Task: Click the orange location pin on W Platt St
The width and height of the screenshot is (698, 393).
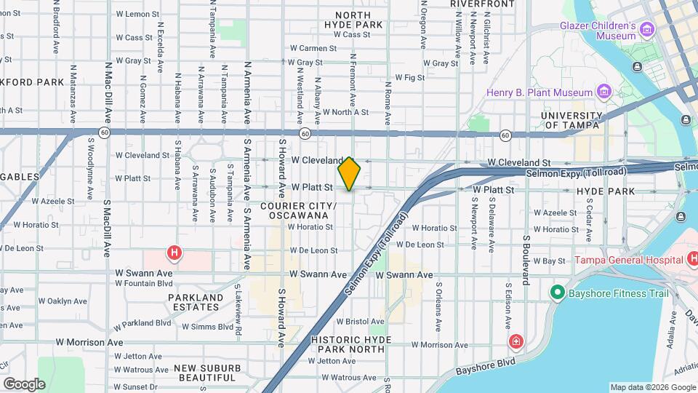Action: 350,174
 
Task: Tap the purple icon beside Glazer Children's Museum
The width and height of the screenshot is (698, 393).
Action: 647,30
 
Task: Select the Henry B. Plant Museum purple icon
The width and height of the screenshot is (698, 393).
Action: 603,92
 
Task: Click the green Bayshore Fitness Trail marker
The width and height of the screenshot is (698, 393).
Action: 557,293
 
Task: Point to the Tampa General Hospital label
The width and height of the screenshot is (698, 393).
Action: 627,260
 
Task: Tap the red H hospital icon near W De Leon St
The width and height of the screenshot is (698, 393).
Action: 174,253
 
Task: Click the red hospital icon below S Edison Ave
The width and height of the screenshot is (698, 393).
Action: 516,341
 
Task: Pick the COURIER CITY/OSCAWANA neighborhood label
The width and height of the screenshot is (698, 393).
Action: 302,211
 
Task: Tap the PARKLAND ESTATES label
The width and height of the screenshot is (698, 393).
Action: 196,302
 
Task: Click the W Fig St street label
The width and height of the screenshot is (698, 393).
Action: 409,77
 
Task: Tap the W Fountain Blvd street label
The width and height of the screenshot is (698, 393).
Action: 144,283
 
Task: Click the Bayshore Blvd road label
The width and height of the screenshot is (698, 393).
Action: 486,366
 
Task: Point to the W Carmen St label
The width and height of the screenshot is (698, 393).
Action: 318,48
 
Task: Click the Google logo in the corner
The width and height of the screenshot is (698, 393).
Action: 24,384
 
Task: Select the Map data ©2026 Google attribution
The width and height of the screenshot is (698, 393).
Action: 652,387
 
